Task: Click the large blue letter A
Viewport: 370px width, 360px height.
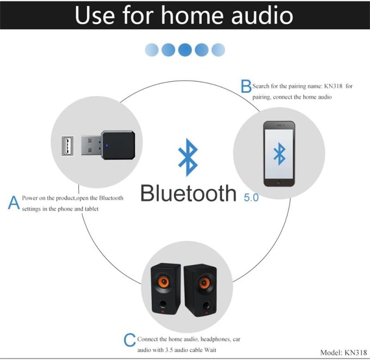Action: [14, 203]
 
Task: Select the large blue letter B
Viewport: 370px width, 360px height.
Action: [246, 86]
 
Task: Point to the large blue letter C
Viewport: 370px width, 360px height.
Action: [130, 340]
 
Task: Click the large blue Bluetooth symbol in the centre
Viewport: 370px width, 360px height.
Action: [188, 157]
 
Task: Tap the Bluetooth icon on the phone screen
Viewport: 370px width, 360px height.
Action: [279, 153]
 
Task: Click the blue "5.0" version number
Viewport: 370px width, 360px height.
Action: [249, 198]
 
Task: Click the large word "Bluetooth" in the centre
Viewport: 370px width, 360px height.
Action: [188, 193]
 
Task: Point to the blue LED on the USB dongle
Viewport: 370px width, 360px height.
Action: [106, 146]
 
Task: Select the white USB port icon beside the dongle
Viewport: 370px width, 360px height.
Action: [67, 145]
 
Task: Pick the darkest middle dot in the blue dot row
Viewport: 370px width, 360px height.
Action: [185, 50]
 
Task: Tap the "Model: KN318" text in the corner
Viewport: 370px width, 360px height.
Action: [343, 352]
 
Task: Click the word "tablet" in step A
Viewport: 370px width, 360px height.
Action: [90, 209]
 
